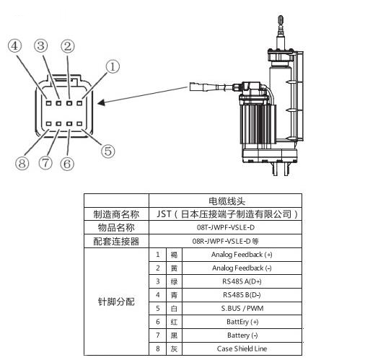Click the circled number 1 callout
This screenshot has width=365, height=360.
[x=113, y=66]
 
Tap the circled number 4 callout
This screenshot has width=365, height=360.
[x=14, y=45]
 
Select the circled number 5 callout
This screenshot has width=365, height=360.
[x=107, y=152]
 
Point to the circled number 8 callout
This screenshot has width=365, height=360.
[x=22, y=164]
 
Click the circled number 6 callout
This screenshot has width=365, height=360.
[x=67, y=164]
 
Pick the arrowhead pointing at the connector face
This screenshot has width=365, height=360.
[x=101, y=102]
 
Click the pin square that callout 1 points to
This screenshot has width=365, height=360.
[x=79, y=103]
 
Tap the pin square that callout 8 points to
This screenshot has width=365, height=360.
[x=49, y=124]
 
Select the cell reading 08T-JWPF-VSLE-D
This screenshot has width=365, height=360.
[x=225, y=227]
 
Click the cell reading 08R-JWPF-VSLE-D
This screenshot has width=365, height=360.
[x=225, y=241]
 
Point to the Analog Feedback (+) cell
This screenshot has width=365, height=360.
[x=242, y=255]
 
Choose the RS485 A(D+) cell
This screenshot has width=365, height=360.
[x=242, y=281]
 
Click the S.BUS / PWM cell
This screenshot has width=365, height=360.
[x=242, y=308]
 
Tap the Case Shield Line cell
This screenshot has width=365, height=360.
[x=242, y=348]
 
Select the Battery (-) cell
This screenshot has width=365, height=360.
[x=242, y=335]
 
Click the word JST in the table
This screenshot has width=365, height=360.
[x=164, y=214]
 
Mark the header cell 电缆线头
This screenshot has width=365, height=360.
[x=227, y=201]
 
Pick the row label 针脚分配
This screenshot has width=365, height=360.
[x=116, y=302]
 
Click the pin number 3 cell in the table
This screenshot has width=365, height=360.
[x=158, y=281]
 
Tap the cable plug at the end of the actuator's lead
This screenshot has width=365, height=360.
[x=196, y=87]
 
